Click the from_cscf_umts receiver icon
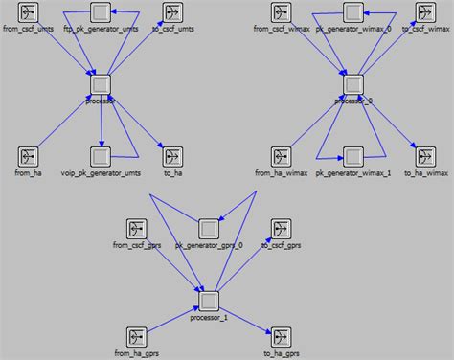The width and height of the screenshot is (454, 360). point(29,14)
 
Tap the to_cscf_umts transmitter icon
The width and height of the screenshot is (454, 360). point(172,14)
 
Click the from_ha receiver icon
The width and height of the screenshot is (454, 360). point(29,155)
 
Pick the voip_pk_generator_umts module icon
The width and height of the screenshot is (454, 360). point(101,155)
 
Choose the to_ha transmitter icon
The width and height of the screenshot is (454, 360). point(172,155)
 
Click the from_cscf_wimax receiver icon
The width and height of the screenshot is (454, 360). point(282,14)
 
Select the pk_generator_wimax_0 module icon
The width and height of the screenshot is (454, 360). point(353,13)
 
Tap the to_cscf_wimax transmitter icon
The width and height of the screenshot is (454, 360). point(424,14)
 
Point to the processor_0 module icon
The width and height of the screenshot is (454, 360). point(353,84)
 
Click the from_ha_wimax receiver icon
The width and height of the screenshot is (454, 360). point(282,155)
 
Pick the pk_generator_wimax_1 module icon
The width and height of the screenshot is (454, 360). point(353,155)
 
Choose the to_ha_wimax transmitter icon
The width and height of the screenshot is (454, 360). point(424,155)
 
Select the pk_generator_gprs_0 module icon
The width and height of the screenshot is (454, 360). point(210,229)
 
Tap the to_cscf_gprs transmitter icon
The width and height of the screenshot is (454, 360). point(281,229)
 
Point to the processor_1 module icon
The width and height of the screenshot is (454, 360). point(210,299)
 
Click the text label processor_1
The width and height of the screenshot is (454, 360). point(210,317)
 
